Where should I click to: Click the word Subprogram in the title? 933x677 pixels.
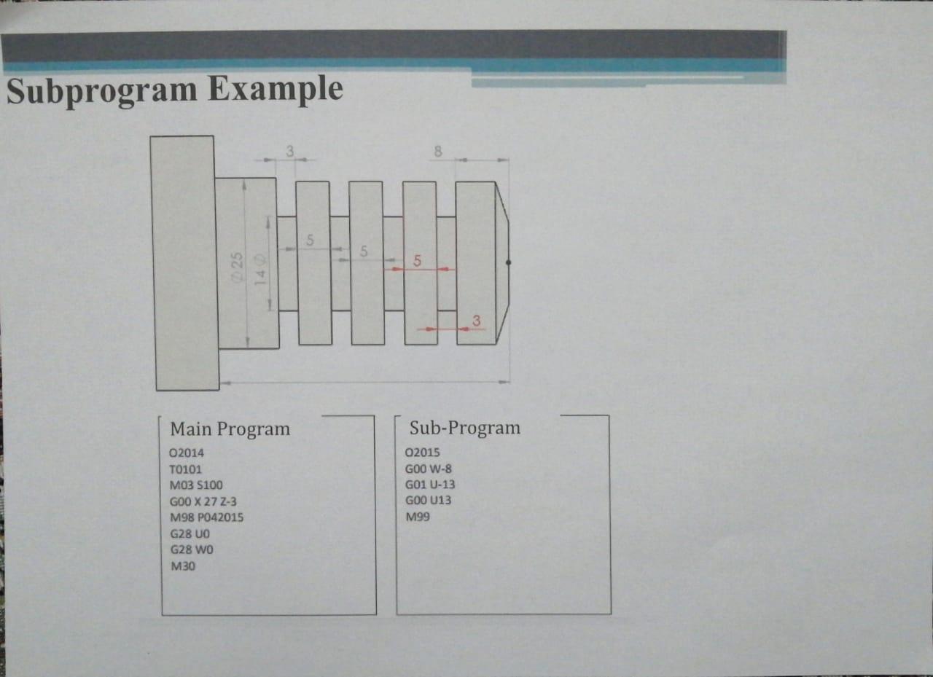point(102,90)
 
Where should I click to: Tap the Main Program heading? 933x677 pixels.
point(230,428)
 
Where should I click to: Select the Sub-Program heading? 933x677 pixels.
point(465,428)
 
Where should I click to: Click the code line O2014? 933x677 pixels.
point(187,453)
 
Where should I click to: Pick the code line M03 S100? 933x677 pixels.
point(196,485)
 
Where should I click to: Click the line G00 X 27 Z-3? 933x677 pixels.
point(203,501)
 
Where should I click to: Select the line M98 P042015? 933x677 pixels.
point(206,517)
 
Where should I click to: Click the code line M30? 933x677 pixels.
point(182,566)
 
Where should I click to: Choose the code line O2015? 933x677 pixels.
point(423,453)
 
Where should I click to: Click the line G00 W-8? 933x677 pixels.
point(428,469)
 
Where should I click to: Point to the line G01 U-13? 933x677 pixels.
point(431,485)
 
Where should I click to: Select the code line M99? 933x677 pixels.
point(418,517)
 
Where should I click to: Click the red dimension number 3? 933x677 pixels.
point(476,321)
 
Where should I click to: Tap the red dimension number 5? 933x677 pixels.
point(417,260)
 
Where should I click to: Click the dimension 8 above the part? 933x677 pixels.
point(437,152)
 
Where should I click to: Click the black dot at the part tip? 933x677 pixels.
point(508,262)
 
